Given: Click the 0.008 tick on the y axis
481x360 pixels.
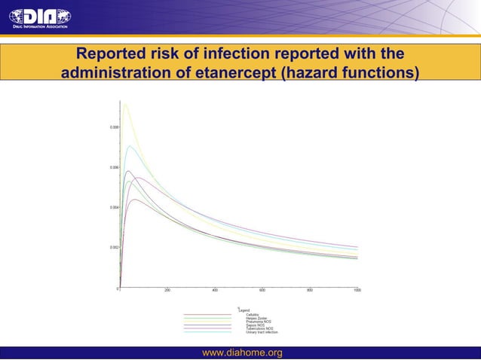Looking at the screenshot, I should (x=111, y=127).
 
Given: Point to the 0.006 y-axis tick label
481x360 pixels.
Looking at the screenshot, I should (x=111, y=167).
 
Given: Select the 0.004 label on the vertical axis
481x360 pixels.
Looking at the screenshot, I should (x=111, y=207).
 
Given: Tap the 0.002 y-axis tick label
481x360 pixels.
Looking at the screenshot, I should (x=111, y=247).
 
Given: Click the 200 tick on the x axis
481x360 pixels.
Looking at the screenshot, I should (x=167, y=290).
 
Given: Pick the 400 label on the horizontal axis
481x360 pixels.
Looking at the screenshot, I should (x=215, y=290).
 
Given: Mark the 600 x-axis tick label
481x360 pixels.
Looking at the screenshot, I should (x=262, y=290).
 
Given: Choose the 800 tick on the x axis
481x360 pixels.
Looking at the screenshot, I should (x=310, y=290).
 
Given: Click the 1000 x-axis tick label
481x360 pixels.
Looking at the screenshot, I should (x=357, y=290).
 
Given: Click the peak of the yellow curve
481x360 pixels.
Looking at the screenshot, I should (x=125, y=104).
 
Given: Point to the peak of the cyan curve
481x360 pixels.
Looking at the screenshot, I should (x=130, y=145).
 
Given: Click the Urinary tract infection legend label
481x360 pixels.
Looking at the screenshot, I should (x=262, y=332).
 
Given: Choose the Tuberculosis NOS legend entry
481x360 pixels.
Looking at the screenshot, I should (x=259, y=328).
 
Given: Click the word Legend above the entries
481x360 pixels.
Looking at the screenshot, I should (x=244, y=310).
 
